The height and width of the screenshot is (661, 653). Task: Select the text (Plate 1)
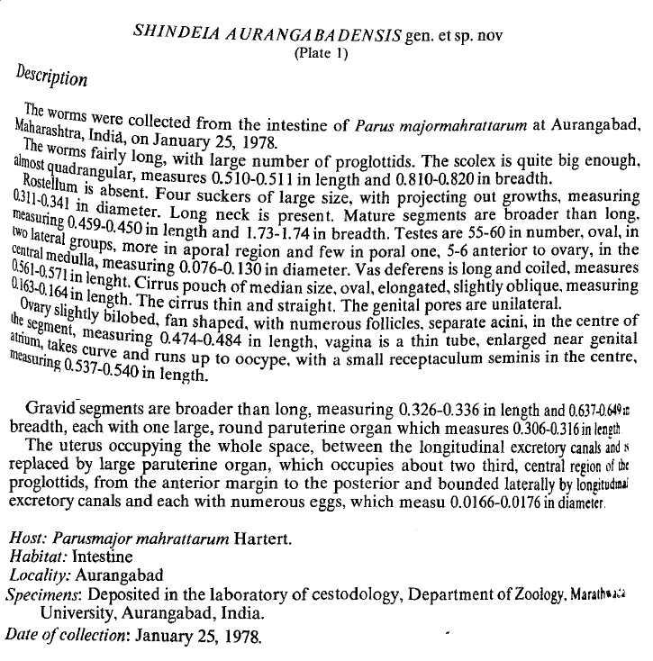coord(321,52)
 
